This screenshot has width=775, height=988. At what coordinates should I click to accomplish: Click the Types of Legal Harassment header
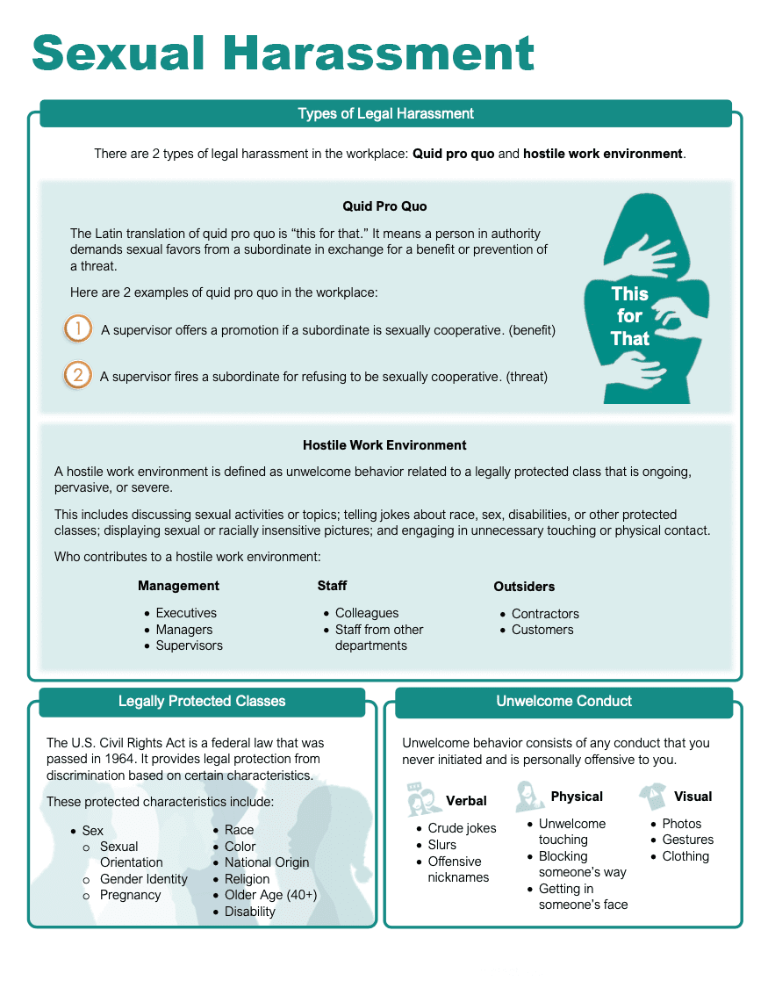(x=385, y=113)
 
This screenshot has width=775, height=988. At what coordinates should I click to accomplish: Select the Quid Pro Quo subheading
(x=384, y=206)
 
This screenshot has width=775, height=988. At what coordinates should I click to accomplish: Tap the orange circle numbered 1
(x=78, y=329)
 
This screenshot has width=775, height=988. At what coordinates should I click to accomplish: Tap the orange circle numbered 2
(x=78, y=376)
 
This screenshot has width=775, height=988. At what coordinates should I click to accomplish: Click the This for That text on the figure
(x=629, y=316)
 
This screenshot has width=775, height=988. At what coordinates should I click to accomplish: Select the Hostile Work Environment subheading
(x=384, y=445)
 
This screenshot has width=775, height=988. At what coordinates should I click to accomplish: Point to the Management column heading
(x=178, y=586)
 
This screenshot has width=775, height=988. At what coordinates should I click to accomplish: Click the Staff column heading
(x=332, y=586)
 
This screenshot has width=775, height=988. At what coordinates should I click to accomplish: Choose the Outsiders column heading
(x=524, y=587)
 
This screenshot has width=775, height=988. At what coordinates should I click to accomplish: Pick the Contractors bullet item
(x=545, y=614)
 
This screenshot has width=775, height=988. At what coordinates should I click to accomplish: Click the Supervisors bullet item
(x=189, y=645)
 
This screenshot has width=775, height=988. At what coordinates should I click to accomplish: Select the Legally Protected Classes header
(x=202, y=701)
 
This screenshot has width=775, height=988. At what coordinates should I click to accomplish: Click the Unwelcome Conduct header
(x=563, y=701)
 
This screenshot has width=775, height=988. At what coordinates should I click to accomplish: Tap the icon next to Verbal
(x=424, y=799)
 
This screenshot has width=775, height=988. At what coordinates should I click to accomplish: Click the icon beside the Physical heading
(x=529, y=796)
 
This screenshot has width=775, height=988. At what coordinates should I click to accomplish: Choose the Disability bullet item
(x=249, y=912)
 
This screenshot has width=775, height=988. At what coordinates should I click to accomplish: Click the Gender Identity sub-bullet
(x=143, y=879)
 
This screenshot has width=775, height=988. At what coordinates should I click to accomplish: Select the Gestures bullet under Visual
(x=687, y=840)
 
